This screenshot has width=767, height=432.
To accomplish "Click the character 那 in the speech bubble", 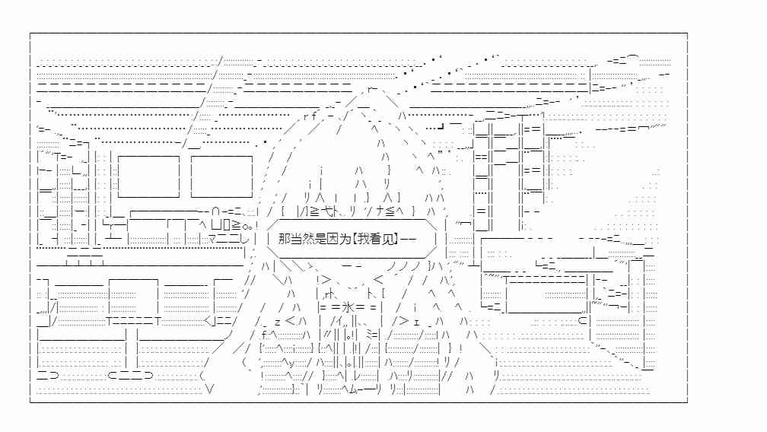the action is (284, 239).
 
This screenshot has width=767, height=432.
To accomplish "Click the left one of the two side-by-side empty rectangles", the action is (148, 176).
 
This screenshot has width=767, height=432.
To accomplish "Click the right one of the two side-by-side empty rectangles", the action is (221, 176).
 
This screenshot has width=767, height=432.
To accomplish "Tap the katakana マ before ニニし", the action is (214, 239).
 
